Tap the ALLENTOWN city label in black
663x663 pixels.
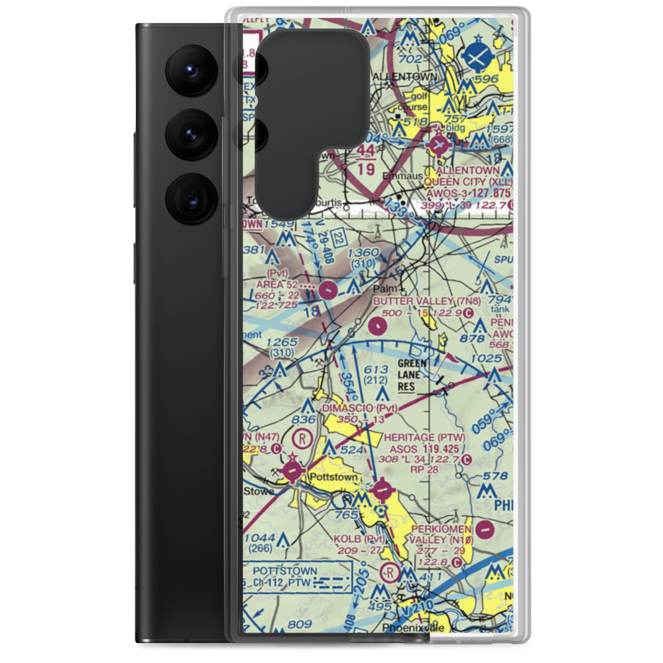[405, 77]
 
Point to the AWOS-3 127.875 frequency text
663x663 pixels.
[471, 192]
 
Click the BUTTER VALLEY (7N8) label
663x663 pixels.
[422, 301]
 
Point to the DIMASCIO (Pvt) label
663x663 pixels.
[359, 408]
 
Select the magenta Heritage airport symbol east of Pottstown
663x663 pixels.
[383, 491]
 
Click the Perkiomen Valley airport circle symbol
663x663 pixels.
[486, 530]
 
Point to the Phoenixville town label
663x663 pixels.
[415, 627]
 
